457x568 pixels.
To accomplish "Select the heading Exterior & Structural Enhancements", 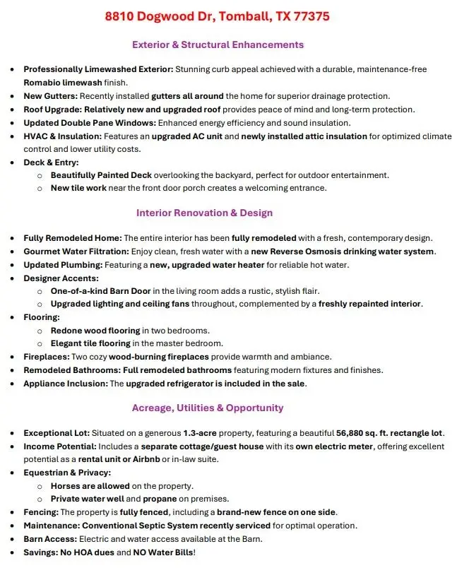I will point(218,45).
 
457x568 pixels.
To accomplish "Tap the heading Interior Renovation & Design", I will point(204,213).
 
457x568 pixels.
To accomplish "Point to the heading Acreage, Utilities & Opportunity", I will point(208,408).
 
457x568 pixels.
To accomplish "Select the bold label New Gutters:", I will point(50,95).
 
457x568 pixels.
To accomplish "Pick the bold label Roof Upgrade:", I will point(52,109).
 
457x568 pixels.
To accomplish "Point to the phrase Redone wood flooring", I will point(95,331).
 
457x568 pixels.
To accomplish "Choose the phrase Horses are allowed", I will point(90,486).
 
